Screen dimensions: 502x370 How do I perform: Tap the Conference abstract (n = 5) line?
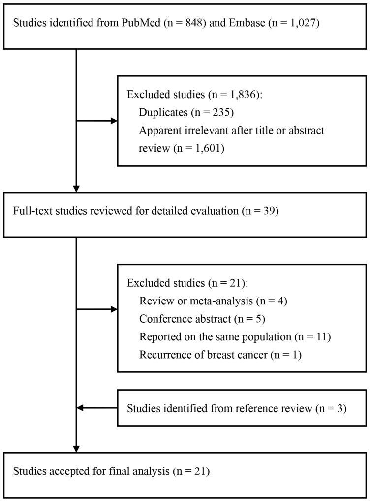(x=202, y=319)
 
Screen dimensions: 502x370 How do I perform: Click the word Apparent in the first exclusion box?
(x=158, y=131)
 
